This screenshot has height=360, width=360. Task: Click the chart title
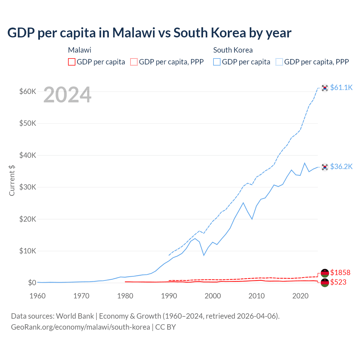tap(149, 33)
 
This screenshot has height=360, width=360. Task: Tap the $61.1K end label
tap(341, 87)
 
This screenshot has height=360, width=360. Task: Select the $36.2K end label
tap(341, 166)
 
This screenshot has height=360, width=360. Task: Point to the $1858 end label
tap(340, 273)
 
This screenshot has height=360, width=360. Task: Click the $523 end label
tap(338, 282)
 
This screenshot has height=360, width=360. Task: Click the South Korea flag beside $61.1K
tap(325, 88)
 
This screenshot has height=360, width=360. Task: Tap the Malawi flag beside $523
tap(325, 283)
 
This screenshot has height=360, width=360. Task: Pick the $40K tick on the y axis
tap(28, 155)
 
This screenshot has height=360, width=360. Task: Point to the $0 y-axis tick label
tap(32, 283)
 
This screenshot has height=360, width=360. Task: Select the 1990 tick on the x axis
tap(169, 296)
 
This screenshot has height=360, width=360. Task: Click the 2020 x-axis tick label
tap(300, 296)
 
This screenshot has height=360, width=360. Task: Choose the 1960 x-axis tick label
tap(37, 296)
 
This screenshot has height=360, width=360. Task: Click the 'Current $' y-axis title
tap(12, 181)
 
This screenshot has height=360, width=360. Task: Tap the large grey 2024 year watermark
tap(67, 95)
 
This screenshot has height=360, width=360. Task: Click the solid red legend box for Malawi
tap(72, 62)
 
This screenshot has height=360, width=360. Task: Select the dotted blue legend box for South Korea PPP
tap(279, 62)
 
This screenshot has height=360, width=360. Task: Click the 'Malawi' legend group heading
tap(80, 50)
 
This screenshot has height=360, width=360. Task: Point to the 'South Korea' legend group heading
tap(233, 50)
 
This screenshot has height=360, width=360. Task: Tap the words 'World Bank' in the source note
tap(75, 316)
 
